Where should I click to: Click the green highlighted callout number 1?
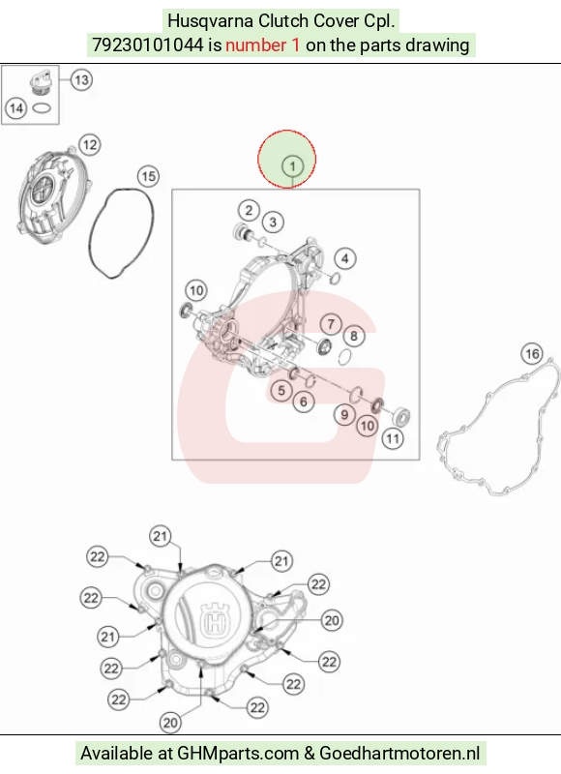(x=292, y=165)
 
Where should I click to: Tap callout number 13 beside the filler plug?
(x=81, y=79)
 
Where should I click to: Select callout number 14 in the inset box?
(x=15, y=108)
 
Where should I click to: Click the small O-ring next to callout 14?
(x=42, y=107)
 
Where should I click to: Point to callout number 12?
(x=89, y=144)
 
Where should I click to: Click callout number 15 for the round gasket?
(x=149, y=176)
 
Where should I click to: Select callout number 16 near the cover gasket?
(x=532, y=353)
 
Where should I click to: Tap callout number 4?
(x=345, y=258)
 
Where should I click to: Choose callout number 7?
(x=331, y=324)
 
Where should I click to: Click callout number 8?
(x=354, y=336)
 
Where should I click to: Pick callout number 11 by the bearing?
(x=393, y=438)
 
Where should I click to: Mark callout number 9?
(x=344, y=415)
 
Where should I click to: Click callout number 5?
(x=281, y=391)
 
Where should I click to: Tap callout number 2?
(x=249, y=210)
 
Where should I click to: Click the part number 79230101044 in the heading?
(x=148, y=45)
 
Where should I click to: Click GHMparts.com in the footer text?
(x=238, y=754)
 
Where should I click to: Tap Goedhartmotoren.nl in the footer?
(x=399, y=754)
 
